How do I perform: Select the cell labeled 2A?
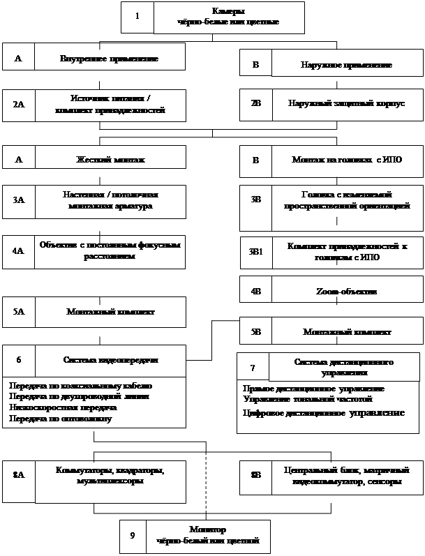click(x=19, y=105)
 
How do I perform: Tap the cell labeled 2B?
click(x=255, y=103)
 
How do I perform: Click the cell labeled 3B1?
click(x=255, y=251)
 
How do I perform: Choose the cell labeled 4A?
click(x=19, y=251)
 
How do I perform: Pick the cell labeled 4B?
click(x=255, y=291)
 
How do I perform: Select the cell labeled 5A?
click(x=19, y=312)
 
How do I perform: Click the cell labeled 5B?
click(x=255, y=332)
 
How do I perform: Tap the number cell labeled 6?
click(x=19, y=361)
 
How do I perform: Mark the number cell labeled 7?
click(x=253, y=367)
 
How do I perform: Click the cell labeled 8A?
click(x=19, y=475)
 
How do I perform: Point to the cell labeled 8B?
click(x=255, y=475)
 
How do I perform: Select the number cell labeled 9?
click(x=133, y=536)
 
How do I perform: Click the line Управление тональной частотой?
click(x=307, y=399)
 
